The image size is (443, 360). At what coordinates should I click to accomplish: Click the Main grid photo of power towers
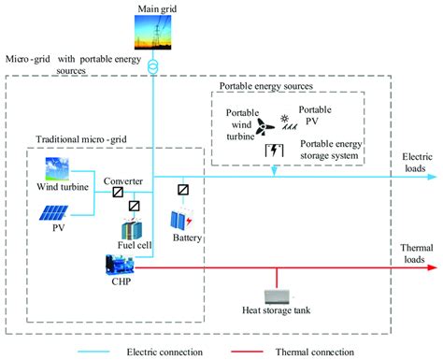[x=152, y=33]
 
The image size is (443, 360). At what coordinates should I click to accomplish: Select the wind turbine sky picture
[x=57, y=168]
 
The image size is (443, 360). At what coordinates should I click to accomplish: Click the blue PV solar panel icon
[x=54, y=213]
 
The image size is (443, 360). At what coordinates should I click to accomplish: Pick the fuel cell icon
[x=132, y=229]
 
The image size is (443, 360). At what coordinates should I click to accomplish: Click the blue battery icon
[x=181, y=221]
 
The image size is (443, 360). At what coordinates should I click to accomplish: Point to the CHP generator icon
[x=120, y=265]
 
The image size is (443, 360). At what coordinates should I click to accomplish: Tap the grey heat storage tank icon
[x=277, y=296]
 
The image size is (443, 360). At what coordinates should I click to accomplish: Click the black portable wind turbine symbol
[x=264, y=126]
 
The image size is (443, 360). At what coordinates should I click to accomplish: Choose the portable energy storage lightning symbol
[x=274, y=151]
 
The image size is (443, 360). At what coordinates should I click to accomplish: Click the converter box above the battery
[x=183, y=190]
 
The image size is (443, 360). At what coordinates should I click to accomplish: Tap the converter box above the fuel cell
[x=134, y=206]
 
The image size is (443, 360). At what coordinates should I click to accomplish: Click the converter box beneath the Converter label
[x=118, y=192]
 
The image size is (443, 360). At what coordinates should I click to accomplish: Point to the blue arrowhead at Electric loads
[x=432, y=177]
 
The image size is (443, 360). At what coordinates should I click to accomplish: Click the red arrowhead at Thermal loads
[x=432, y=267]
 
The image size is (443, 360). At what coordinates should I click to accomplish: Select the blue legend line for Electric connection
[x=93, y=352]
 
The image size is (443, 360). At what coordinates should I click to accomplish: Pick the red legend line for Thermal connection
[x=247, y=352]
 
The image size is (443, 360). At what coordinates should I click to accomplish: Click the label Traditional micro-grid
[x=81, y=139]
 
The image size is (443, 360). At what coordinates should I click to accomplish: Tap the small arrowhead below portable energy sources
[x=274, y=171]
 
